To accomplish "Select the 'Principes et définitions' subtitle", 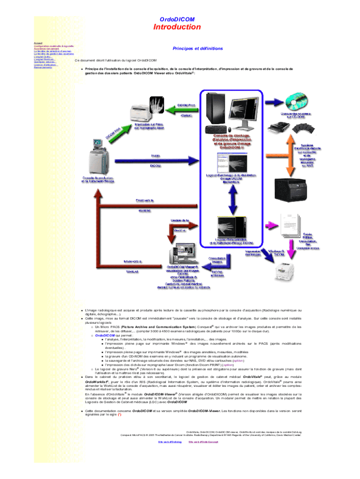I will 191,49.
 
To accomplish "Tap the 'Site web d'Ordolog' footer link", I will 169,442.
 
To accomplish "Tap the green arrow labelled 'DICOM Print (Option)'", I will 187,110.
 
